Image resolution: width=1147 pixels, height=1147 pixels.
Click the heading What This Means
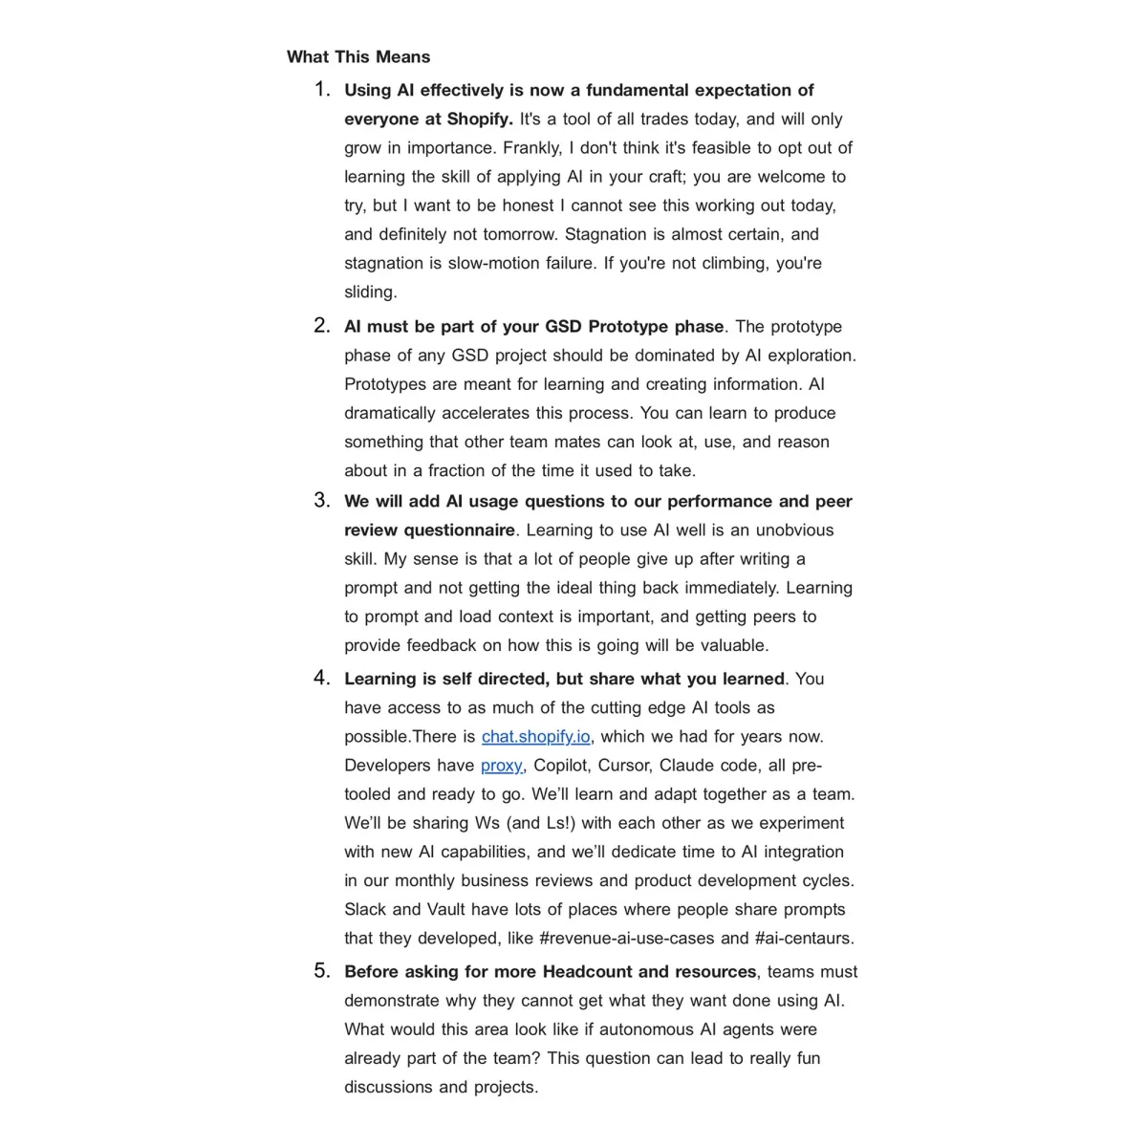point(358,57)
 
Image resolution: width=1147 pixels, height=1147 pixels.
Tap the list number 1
point(322,90)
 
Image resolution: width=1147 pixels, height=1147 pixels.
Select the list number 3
point(322,501)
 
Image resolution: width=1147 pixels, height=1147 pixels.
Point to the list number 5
point(322,971)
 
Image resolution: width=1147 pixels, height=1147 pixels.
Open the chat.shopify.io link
point(535,737)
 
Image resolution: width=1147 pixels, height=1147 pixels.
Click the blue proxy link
point(501,766)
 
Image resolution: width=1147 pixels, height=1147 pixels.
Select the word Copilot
point(560,766)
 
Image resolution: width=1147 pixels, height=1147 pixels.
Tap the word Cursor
point(625,766)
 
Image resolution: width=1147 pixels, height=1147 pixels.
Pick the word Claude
point(687,766)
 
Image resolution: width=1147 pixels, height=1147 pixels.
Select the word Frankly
point(530,148)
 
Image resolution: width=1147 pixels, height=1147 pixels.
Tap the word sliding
point(370,292)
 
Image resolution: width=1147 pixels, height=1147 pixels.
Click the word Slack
point(365,910)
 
